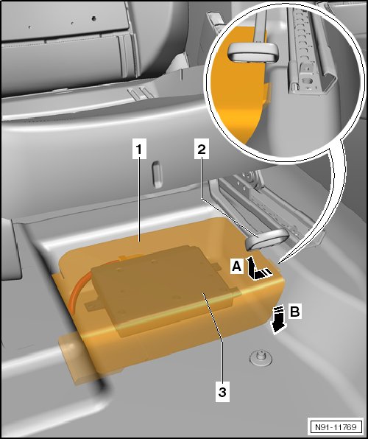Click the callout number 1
tap(139, 150)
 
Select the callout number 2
tap(202, 150)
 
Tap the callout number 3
tap(222, 392)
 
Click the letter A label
tap(236, 266)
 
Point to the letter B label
tap(294, 312)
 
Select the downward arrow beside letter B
tap(278, 320)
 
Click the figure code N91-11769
tap(336, 427)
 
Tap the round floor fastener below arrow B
tap(260, 358)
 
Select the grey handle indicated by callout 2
tap(266, 239)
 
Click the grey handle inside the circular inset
tap(253, 52)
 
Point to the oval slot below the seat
tap(157, 174)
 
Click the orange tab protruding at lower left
tap(75, 359)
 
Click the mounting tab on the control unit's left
tap(91, 306)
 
